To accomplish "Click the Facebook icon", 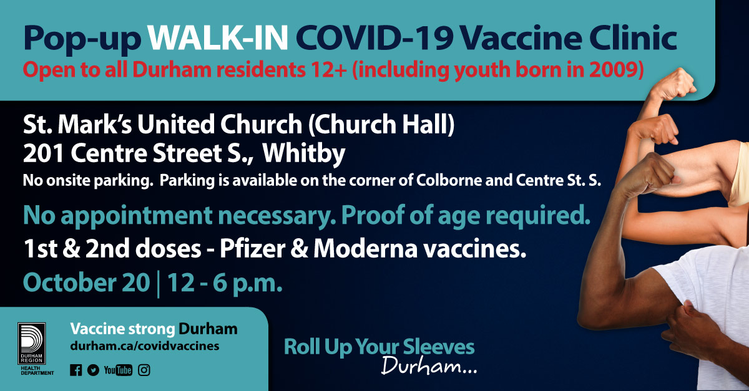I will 76,370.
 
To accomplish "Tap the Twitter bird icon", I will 94,370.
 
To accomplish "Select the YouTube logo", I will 118,370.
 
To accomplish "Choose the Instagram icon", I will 144,370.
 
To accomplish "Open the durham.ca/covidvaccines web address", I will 145,345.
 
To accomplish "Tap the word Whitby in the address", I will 308,153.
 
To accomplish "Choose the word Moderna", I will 356,249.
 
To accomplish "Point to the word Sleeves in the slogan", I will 441,347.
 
